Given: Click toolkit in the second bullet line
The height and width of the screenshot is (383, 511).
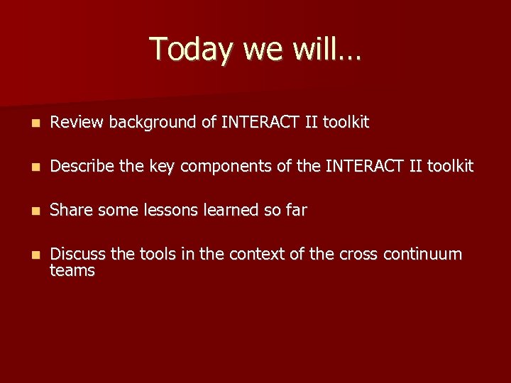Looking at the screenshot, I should [x=449, y=167].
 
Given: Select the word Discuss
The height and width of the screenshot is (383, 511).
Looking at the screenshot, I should [x=77, y=255].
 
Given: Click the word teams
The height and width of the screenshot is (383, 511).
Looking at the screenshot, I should [x=72, y=271].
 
